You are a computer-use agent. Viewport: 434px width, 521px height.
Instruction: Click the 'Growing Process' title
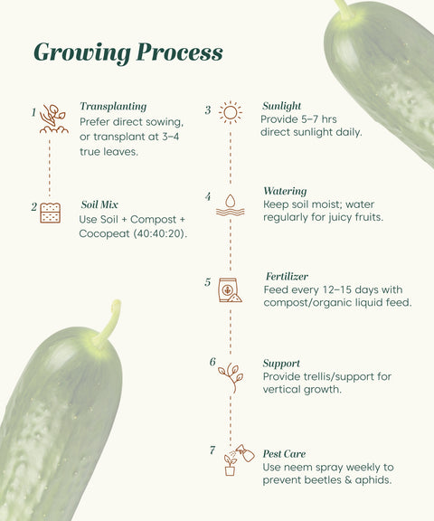[127, 52]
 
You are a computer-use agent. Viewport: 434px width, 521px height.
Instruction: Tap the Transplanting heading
[113, 106]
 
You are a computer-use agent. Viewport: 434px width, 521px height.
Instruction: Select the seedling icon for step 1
[53, 118]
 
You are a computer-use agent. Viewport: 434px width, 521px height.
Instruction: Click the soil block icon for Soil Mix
[51, 213]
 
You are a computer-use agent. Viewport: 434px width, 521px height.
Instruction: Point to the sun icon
[231, 112]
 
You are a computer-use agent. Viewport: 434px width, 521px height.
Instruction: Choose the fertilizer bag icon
[230, 289]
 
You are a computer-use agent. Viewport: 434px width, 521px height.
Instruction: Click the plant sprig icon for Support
[230, 376]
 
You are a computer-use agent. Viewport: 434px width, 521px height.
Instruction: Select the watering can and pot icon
[238, 459]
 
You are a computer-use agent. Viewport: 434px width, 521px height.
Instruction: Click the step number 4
[208, 196]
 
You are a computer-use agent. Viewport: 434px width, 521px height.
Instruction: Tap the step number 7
[212, 450]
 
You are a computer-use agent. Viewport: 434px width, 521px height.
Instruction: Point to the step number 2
[34, 207]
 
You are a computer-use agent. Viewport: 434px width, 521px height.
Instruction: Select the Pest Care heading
[284, 453]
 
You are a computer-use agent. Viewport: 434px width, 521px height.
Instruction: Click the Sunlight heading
[281, 106]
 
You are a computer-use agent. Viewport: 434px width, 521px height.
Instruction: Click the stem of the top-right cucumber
[343, 8]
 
